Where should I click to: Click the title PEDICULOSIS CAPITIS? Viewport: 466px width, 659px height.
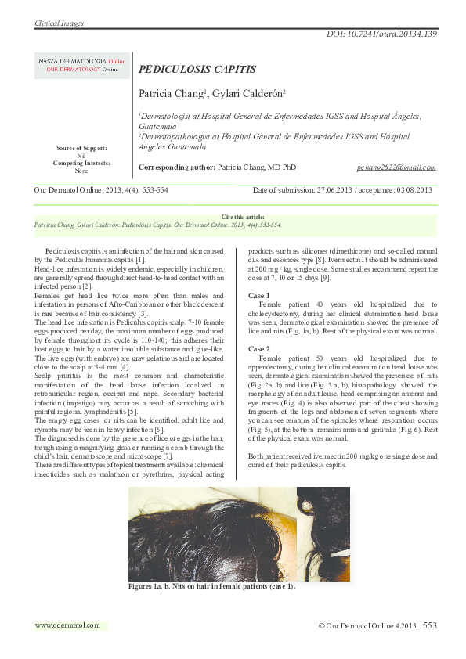(197, 69)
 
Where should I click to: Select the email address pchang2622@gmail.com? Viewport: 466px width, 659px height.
(396, 167)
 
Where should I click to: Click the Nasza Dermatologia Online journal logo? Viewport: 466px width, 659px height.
(81, 64)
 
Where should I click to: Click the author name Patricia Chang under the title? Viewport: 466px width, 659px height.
(171, 93)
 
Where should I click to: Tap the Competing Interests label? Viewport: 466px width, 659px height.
(81, 163)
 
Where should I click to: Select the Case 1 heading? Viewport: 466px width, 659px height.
(259, 295)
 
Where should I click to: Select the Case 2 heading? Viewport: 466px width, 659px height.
(259, 348)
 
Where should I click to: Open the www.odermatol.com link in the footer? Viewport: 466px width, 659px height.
(68, 625)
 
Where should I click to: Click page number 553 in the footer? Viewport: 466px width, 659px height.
(429, 625)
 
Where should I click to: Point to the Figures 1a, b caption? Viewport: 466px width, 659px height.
(212, 585)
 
